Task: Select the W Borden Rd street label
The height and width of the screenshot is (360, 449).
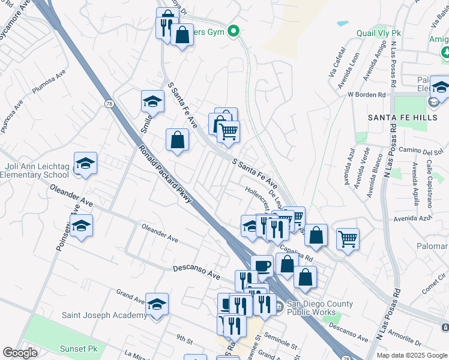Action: (x=366, y=95)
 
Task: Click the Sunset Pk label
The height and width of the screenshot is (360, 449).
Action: (x=78, y=348)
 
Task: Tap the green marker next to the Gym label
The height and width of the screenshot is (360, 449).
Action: (x=235, y=32)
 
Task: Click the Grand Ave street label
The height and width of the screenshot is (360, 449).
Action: (x=131, y=295)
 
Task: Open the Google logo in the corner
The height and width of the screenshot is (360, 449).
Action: (x=20, y=353)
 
